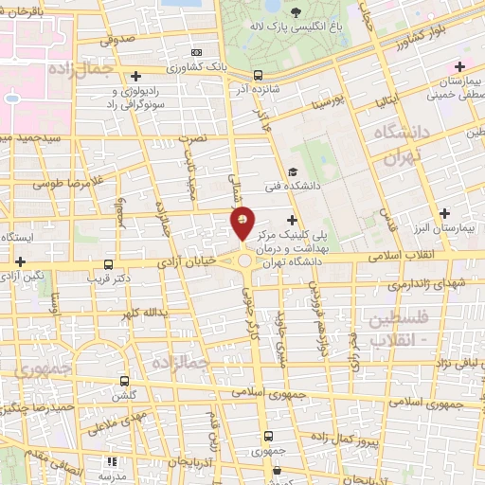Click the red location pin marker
coord(243,224)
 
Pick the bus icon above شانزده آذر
coord(259,75)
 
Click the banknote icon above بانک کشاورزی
coord(196,52)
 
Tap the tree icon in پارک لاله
coord(296,13)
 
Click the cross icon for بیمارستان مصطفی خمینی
coord(459,66)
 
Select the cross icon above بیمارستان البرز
coord(444,212)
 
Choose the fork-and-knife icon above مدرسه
coord(112,462)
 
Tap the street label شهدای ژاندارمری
coord(399,284)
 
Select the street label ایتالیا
coord(393,99)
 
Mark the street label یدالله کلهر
coord(144,313)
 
